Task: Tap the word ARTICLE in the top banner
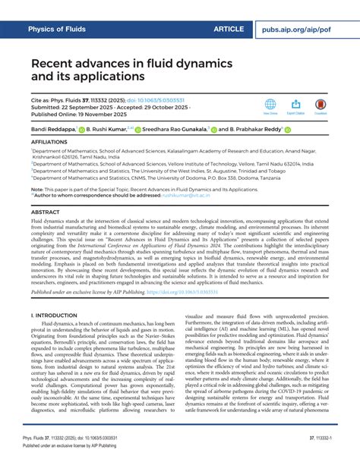(x=229, y=28)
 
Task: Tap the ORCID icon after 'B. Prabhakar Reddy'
(x=287, y=130)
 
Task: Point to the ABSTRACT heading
(x=46, y=212)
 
